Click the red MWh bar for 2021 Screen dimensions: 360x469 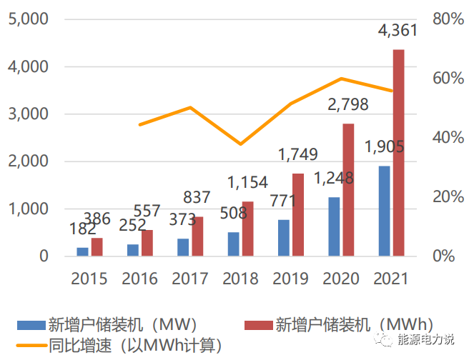point(398,152)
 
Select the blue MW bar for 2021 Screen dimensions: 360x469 point(385,211)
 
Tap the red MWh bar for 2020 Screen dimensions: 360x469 point(348,189)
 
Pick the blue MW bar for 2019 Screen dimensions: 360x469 point(284,237)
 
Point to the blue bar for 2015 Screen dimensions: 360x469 point(82,251)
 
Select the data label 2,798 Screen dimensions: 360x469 point(347,105)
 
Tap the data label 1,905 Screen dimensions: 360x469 point(384,147)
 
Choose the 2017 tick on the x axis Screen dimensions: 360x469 point(189,278)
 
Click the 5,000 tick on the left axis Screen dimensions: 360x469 point(28,19)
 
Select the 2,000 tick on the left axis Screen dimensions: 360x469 point(28,161)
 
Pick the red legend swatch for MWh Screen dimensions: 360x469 point(259,326)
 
